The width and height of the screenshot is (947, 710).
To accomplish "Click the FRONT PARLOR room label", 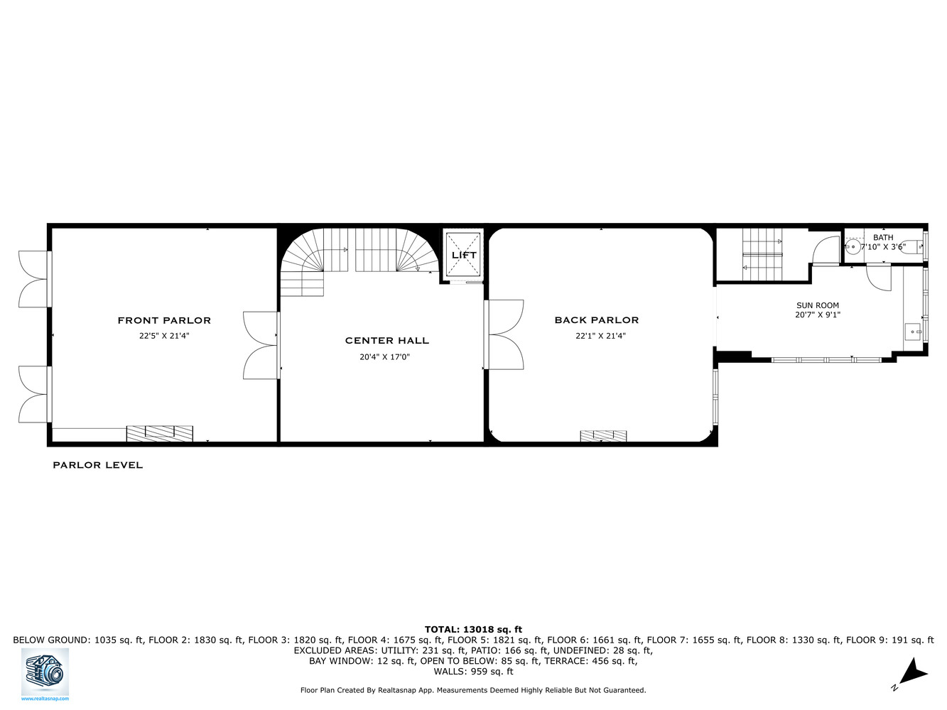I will click(x=164, y=320).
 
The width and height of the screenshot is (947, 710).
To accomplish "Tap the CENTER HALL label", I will click(x=386, y=341).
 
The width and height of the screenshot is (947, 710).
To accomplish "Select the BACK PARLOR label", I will click(x=596, y=320).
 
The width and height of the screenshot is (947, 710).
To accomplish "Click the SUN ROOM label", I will click(x=817, y=305).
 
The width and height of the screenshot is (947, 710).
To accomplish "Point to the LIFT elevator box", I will click(x=463, y=255).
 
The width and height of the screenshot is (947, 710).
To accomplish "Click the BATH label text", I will click(x=883, y=238).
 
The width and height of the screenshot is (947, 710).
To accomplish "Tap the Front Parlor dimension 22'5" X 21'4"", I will click(x=164, y=337).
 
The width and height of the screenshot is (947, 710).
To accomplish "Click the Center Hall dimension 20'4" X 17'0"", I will click(x=384, y=357).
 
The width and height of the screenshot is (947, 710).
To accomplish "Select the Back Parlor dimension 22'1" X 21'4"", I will click(x=600, y=337).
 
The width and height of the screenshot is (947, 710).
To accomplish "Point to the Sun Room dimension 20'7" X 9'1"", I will click(x=818, y=315).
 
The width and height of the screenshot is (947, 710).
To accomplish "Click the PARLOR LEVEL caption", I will click(x=97, y=465).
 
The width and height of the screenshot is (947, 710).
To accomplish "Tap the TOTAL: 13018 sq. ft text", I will click(x=473, y=629).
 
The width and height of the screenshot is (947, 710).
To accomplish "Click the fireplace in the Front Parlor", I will click(x=159, y=433).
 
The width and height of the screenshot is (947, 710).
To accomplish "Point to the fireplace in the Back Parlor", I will click(x=603, y=435).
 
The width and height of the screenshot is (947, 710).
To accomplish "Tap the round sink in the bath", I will click(x=853, y=248).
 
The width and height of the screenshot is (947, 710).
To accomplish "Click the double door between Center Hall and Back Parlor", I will click(x=505, y=334).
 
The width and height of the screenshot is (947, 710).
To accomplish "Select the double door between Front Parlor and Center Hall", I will click(x=260, y=345).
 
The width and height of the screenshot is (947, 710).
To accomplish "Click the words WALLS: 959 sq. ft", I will click(x=473, y=671).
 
